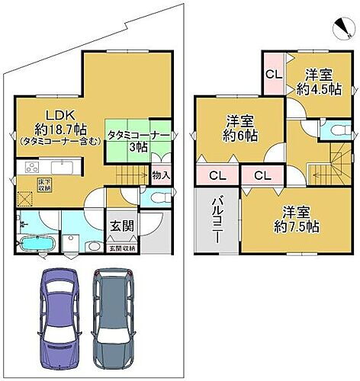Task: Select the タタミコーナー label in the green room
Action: pyautogui.click(x=137, y=134)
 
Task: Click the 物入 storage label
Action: pyautogui.click(x=161, y=176)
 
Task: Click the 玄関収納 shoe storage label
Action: pyautogui.click(x=121, y=248)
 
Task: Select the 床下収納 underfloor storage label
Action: pyautogui.click(x=24, y=184)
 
